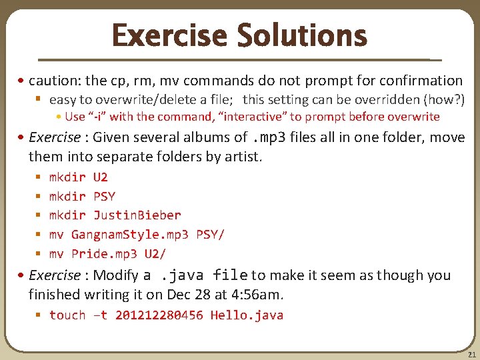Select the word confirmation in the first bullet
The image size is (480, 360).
(421, 81)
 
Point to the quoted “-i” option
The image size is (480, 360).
(97, 117)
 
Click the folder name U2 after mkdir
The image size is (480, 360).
(101, 177)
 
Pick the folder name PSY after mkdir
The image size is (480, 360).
(104, 197)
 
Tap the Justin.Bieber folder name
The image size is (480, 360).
(137, 215)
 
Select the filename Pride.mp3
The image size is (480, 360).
(104, 254)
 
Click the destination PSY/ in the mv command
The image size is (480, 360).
(210, 235)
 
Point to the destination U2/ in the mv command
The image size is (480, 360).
(155, 254)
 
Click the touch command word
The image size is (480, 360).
(67, 315)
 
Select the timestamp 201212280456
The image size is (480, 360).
(159, 315)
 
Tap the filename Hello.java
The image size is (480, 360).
(247, 315)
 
